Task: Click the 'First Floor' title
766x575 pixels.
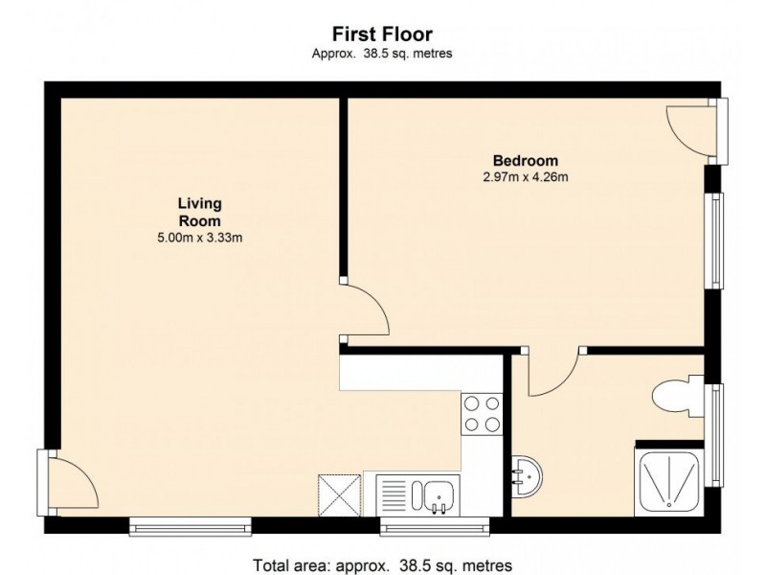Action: click(x=382, y=35)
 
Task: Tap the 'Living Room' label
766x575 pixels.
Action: click(x=199, y=211)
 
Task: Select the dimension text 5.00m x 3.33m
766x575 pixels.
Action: click(x=199, y=238)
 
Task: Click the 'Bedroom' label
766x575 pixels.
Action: click(x=525, y=160)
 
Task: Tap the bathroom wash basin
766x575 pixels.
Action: click(x=526, y=473)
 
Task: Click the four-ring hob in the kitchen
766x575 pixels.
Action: click(x=483, y=414)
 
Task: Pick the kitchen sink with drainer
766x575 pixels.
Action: click(x=418, y=494)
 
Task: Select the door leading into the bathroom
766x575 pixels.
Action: click(x=552, y=373)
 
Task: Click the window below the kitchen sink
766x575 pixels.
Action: click(x=434, y=524)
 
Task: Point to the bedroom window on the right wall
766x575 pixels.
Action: click(x=714, y=239)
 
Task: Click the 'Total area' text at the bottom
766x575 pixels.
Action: click(x=382, y=563)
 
